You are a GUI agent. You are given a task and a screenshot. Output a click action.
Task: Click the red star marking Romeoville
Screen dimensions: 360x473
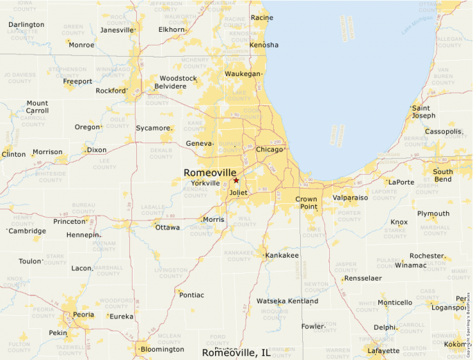tap(236, 180)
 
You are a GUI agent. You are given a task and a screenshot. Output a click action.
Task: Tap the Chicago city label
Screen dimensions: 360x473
tap(269, 149)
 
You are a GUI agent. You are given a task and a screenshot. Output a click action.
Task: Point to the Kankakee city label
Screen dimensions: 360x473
tap(282, 255)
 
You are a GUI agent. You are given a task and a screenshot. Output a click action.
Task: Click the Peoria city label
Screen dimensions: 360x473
tap(84, 314)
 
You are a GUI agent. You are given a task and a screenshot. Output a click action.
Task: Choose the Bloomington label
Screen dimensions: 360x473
tap(163, 350)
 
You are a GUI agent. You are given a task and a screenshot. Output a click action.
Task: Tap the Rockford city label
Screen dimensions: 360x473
tap(111, 91)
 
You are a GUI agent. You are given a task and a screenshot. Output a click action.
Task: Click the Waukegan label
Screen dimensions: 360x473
tap(243, 73)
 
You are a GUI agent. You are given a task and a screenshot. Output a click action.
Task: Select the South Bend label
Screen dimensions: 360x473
tap(443, 176)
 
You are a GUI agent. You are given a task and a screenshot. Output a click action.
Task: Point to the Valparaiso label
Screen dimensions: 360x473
tap(350, 198)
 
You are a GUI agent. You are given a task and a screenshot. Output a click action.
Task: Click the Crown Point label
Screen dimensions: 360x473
tap(306, 203)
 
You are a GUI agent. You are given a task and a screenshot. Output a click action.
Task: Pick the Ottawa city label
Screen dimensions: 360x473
tap(167, 227)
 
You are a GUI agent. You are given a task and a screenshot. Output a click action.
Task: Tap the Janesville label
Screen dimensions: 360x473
tap(116, 30)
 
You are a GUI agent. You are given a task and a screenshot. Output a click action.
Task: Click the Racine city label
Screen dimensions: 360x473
tap(261, 17)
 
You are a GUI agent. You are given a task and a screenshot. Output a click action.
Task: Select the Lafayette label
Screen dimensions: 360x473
tap(384, 351)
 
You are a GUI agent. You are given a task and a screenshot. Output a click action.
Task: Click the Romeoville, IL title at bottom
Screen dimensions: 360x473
tap(236, 352)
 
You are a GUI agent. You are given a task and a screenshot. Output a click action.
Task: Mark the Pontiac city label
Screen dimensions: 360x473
tap(192, 295)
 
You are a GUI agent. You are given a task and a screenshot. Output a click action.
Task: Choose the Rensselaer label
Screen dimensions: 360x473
tap(363, 278)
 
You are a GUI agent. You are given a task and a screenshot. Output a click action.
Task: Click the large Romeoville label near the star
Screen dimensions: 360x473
tap(210, 173)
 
